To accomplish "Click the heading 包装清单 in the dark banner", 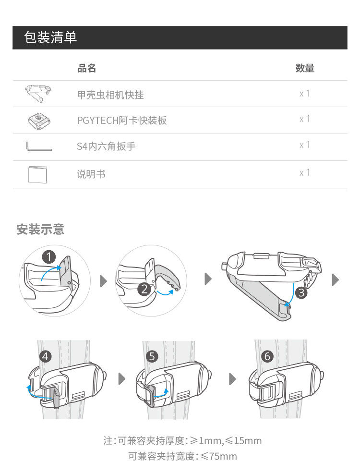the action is (50, 38).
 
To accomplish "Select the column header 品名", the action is (87, 68).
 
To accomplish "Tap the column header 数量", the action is (305, 68).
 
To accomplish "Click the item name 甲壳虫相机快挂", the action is (110, 95).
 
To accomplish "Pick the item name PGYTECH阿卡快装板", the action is (122, 120).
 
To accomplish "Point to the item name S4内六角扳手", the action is (106, 146).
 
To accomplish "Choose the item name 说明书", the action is (91, 174).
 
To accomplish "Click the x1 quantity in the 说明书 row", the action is (305, 173).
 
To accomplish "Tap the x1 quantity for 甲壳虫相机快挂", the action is (305, 94).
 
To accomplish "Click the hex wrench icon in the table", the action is (39, 146).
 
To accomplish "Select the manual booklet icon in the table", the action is (38, 174).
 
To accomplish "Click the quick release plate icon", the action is (38, 120).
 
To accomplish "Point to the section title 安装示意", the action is (40, 230).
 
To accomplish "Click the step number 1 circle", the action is (49, 256).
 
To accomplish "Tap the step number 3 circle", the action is (301, 292).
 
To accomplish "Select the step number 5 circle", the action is (152, 356).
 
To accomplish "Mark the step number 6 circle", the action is (267, 356).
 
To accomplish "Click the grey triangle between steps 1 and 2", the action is (103, 281).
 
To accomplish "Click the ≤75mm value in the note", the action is (218, 456).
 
